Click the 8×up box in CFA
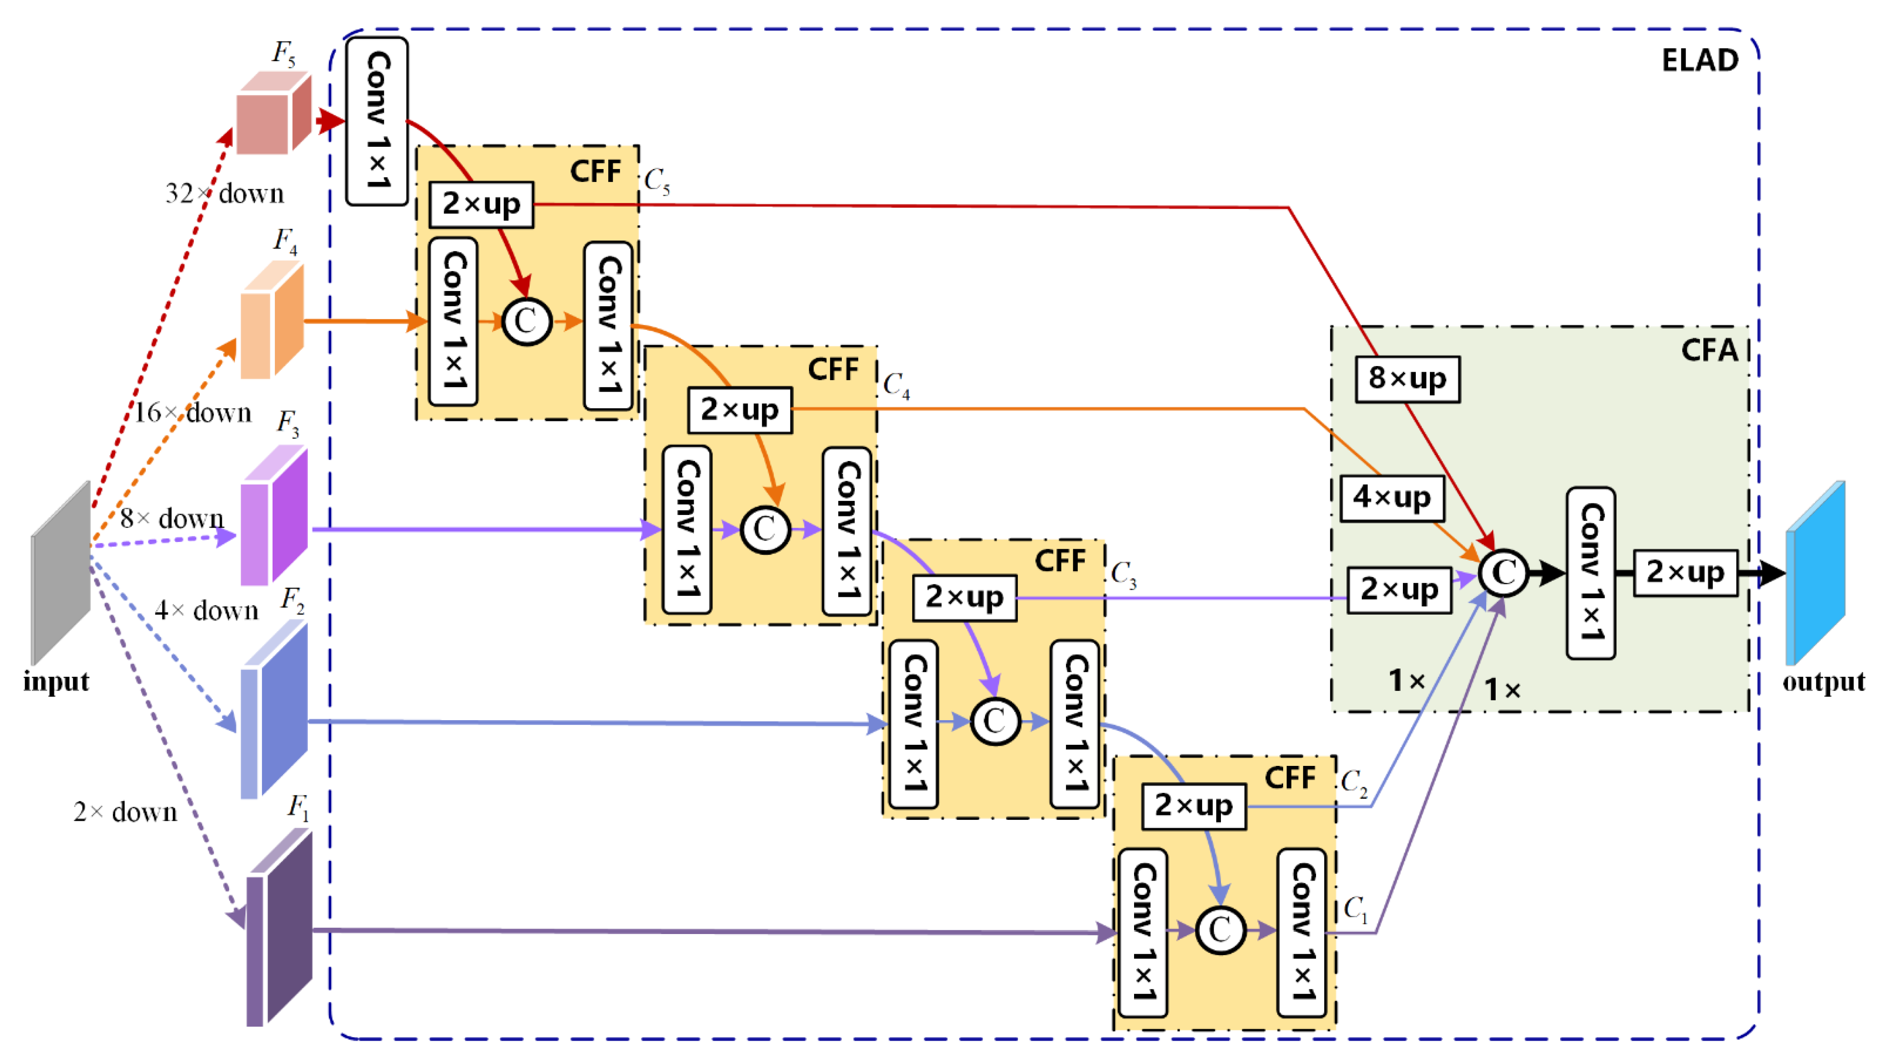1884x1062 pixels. point(1407,379)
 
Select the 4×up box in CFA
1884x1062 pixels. point(1391,498)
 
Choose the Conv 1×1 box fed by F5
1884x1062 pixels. point(377,122)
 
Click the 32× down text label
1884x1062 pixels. point(224,194)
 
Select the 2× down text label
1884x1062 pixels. point(125,812)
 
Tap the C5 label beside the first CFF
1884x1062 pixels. point(656,181)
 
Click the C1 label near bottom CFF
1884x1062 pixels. point(1355,910)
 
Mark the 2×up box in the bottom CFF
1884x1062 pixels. point(1193,806)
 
